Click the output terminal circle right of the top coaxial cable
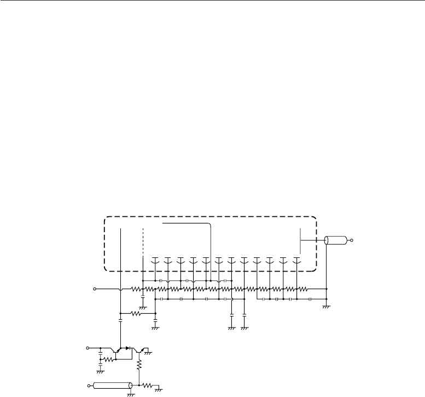pos(353,240)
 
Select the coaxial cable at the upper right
pos(335,240)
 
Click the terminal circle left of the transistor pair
pos(89,348)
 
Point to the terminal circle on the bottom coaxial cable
pos(89,387)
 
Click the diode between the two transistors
pos(129,348)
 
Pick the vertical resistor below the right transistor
pos(140,364)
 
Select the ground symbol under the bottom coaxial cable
pos(130,394)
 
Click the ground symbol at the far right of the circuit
pos(325,307)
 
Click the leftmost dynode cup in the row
pos(155,258)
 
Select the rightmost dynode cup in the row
pos(297,258)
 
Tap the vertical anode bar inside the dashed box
pos(301,239)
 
